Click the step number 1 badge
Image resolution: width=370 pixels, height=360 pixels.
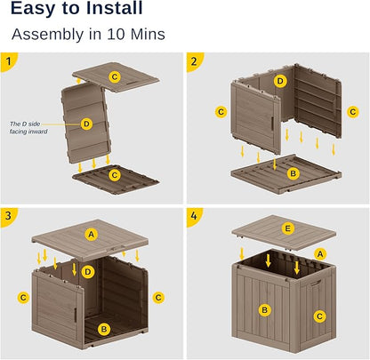pyautogui.click(x=8, y=60)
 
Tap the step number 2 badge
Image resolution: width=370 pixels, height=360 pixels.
pyautogui.click(x=194, y=60)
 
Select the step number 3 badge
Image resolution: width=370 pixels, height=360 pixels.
pyautogui.click(x=8, y=214)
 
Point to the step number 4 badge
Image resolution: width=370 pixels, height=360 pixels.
pyautogui.click(x=194, y=214)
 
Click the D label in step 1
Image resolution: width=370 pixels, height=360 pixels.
pyautogui.click(x=86, y=124)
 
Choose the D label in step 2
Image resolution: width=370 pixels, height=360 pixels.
pyautogui.click(x=280, y=81)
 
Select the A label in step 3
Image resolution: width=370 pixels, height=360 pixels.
pyautogui.click(x=90, y=234)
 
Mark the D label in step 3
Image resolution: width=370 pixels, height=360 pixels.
pyautogui.click(x=87, y=270)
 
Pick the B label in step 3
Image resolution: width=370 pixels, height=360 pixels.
pyautogui.click(x=103, y=329)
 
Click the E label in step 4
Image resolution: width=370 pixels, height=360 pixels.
pyautogui.click(x=286, y=228)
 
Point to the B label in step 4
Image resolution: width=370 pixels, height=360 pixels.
pyautogui.click(x=263, y=309)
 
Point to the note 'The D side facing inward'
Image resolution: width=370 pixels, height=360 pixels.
pyautogui.click(x=28, y=128)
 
